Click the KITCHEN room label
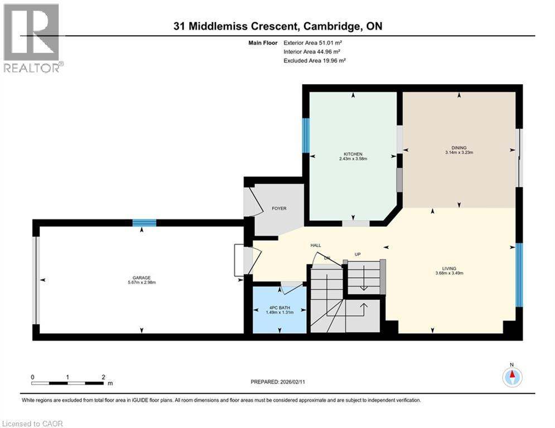353,154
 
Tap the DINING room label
459,147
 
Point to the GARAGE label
141,278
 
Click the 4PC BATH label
279,306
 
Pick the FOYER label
279,208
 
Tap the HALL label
316,245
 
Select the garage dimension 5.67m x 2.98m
141,283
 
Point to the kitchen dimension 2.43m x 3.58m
353,159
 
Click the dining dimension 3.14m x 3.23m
459,152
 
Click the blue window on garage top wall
144,223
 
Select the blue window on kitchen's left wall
306,135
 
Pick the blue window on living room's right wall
519,275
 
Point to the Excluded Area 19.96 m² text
315,60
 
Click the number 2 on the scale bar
103,377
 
